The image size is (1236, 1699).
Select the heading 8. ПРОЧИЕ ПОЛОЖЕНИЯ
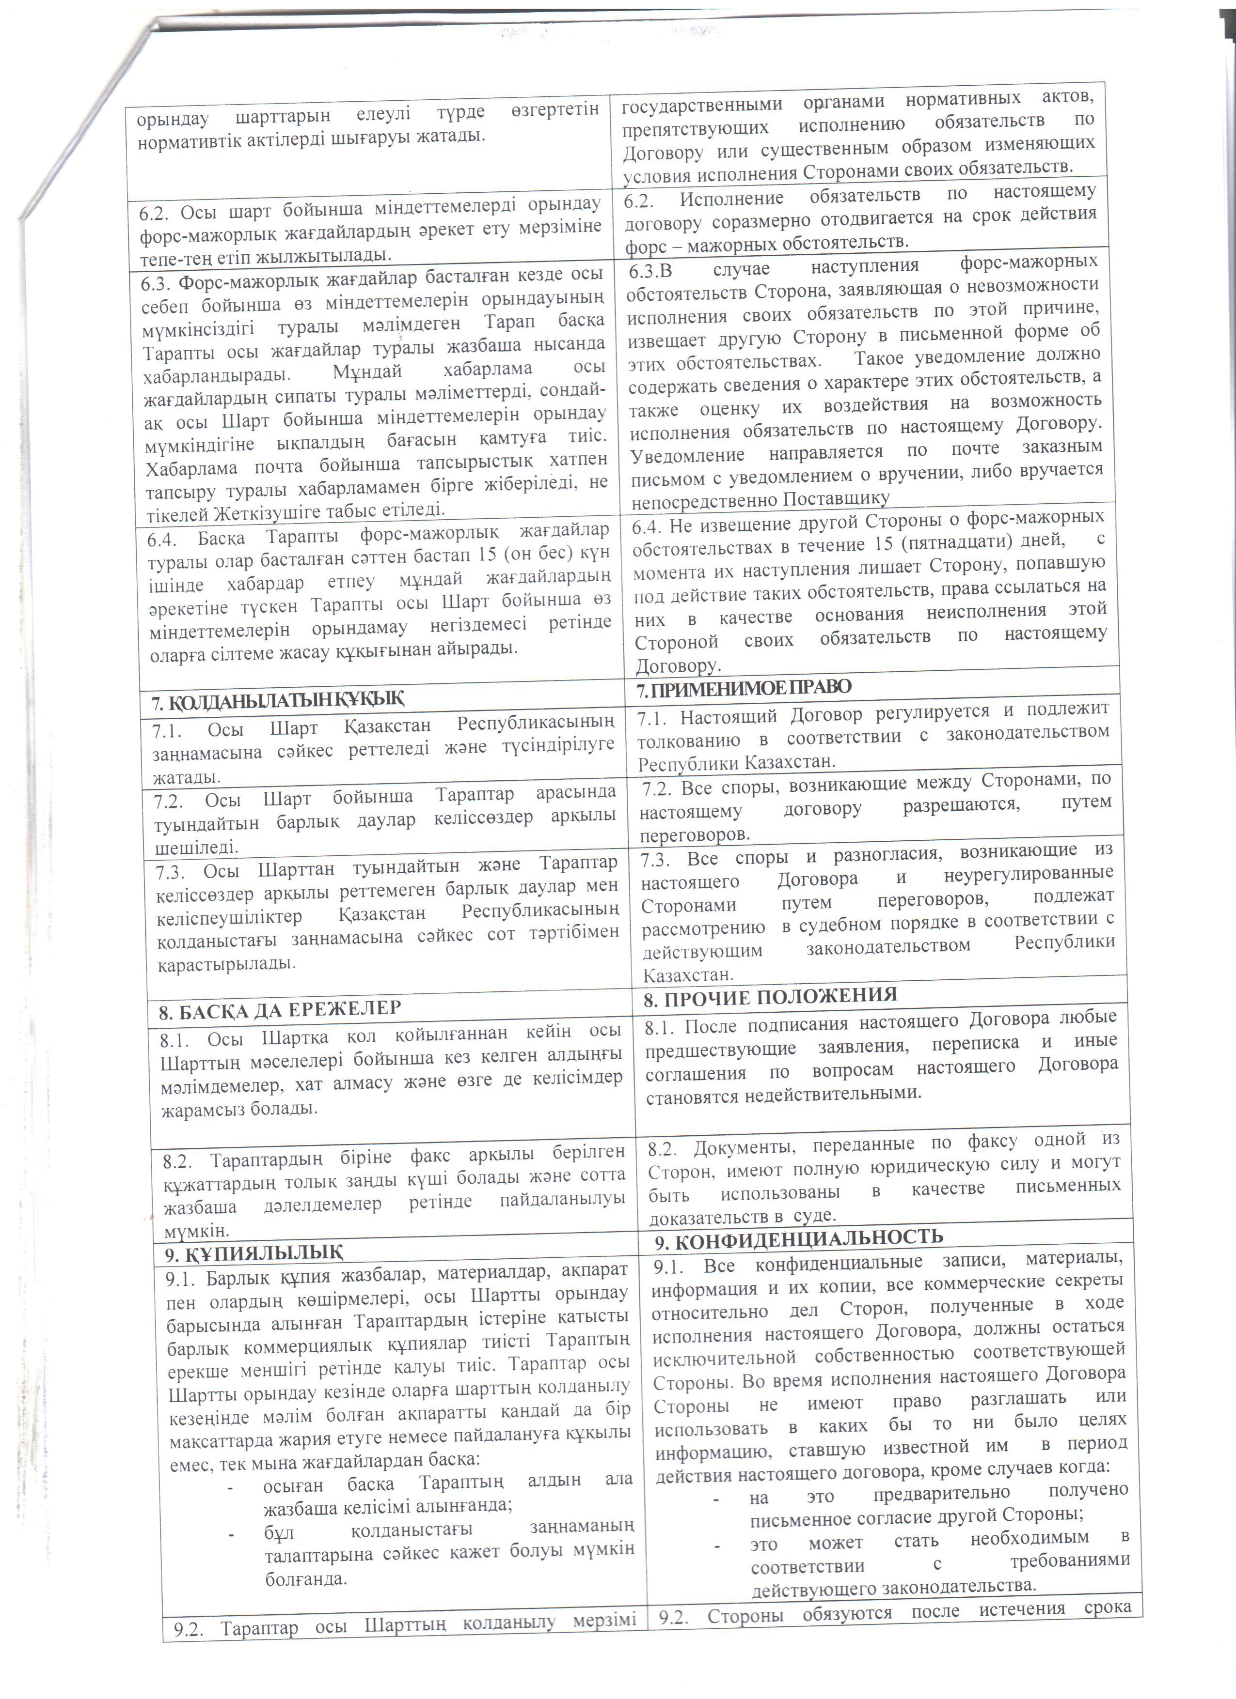coord(770,996)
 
